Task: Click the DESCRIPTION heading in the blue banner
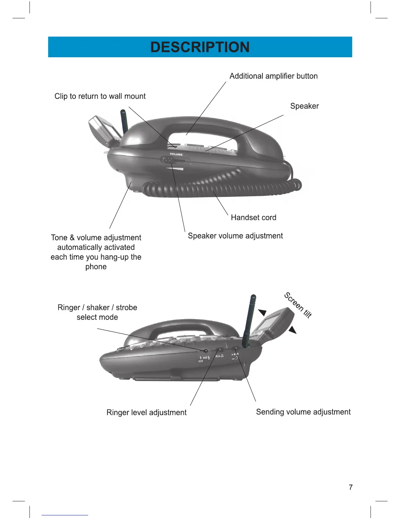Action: click(x=200, y=47)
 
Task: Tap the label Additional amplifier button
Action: click(x=274, y=76)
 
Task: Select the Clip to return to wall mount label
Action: click(x=100, y=96)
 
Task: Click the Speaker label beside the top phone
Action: click(x=304, y=106)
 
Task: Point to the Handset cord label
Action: click(x=254, y=218)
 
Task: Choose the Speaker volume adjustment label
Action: click(x=235, y=236)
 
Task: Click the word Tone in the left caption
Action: click(x=59, y=238)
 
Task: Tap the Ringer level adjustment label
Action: click(x=146, y=413)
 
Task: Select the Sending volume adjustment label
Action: click(x=303, y=412)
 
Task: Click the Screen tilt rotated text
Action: click(x=298, y=305)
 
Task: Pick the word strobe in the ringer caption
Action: click(x=126, y=308)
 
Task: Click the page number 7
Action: click(x=351, y=488)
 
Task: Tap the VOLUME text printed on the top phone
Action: click(x=176, y=154)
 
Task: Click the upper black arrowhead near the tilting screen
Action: click(x=263, y=313)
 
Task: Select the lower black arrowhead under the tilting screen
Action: click(x=292, y=330)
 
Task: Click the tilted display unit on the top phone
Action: click(x=102, y=130)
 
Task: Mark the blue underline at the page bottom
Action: click(x=65, y=515)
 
